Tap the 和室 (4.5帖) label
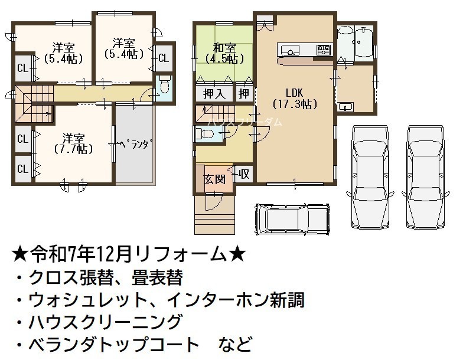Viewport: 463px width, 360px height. pyautogui.click(x=224, y=53)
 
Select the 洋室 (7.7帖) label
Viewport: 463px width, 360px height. pyautogui.click(x=73, y=144)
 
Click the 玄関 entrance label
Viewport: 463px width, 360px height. pyautogui.click(x=215, y=179)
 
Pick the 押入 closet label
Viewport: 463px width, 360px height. pyautogui.click(x=214, y=93)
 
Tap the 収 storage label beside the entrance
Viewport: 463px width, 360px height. pyautogui.click(x=244, y=174)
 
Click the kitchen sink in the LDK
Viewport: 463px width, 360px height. pyautogui.click(x=288, y=50)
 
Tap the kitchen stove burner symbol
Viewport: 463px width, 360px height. pyautogui.click(x=324, y=50)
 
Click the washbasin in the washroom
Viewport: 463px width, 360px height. pyautogui.click(x=345, y=106)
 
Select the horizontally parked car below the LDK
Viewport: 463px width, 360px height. pyautogui.click(x=292, y=219)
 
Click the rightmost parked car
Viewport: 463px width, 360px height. pyautogui.click(x=425, y=177)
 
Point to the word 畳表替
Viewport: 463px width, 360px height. pyautogui.click(x=157, y=277)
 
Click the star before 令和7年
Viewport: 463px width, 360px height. pyautogui.click(x=21, y=255)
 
